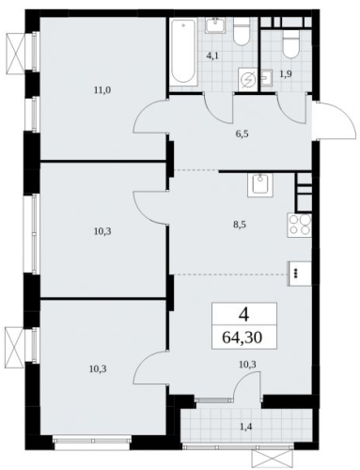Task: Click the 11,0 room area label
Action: tap(102, 90)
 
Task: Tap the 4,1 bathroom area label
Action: tap(212, 56)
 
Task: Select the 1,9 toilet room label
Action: tap(286, 74)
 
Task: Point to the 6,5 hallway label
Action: tap(243, 134)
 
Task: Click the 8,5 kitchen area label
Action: tap(240, 225)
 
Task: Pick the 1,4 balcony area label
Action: tap(246, 427)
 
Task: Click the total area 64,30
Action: tap(243, 337)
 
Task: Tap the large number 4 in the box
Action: tap(243, 315)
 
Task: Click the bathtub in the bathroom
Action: tap(184, 52)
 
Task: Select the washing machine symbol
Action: tap(248, 80)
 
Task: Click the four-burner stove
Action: tap(299, 225)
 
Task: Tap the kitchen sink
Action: tap(260, 185)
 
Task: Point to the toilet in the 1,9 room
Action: tap(291, 44)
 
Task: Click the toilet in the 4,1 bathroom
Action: tap(242, 32)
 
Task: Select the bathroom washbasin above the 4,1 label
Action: tap(215, 25)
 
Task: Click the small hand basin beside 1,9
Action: tap(266, 77)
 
